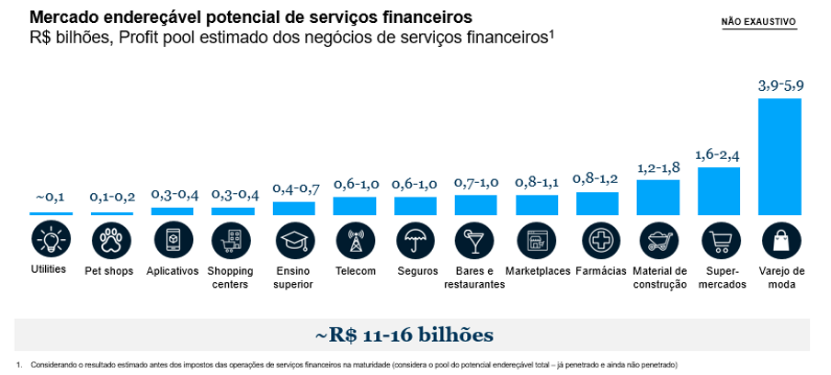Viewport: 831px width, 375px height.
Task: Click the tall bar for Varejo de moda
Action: coord(780,156)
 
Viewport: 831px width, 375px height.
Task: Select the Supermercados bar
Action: coord(719,191)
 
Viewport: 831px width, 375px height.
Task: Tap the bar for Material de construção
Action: coord(658,198)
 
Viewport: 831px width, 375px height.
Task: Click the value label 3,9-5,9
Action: coord(780,85)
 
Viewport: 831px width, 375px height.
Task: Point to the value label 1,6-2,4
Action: coord(719,154)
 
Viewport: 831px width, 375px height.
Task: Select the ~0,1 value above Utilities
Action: coord(50,197)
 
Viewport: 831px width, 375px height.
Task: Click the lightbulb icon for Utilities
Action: coord(50,240)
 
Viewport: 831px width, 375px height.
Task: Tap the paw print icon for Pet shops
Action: coord(110,240)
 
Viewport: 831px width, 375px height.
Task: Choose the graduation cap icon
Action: coord(294,240)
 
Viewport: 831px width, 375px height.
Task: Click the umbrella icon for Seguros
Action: coord(415,240)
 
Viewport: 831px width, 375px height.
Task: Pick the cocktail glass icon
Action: coord(475,240)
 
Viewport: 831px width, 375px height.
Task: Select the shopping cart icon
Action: coord(720,240)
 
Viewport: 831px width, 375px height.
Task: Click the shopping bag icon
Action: coord(780,240)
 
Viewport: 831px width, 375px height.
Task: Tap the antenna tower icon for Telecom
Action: coord(355,240)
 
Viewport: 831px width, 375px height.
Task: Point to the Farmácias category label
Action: coord(601,271)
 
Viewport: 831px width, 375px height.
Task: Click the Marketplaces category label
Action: coord(537,271)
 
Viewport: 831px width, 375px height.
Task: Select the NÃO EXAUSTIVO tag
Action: coord(758,22)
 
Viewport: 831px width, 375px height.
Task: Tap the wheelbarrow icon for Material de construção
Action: coord(658,240)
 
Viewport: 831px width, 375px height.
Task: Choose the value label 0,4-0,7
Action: coord(295,188)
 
